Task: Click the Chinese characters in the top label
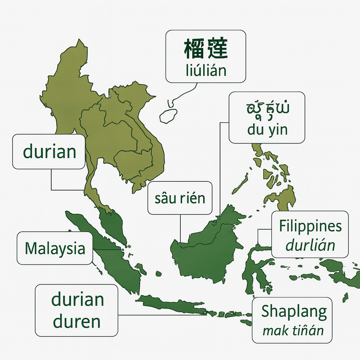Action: pos(206,49)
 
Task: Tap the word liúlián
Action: pos(206,71)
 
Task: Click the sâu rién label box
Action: pos(180,198)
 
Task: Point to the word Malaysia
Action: pos(55,248)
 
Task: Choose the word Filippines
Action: pos(310,226)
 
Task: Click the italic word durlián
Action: pos(310,245)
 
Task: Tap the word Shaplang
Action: pos(294,311)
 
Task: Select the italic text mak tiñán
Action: pos(293,330)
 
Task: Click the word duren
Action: pos(77,322)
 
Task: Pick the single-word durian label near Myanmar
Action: pos(49,152)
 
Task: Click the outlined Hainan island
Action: pos(168,116)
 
